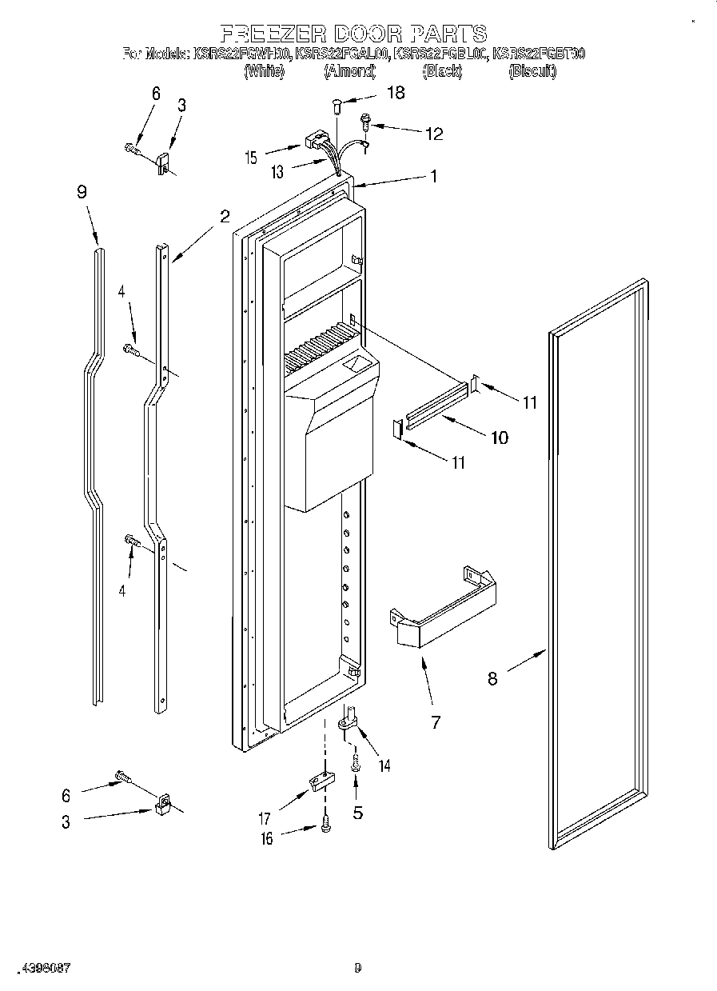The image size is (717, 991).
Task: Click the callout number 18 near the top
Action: [395, 93]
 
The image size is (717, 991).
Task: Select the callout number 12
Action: [433, 134]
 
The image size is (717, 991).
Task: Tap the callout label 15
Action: [252, 158]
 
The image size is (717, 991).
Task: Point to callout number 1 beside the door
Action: [434, 177]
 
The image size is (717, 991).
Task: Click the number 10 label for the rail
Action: [498, 438]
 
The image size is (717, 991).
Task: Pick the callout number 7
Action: [436, 722]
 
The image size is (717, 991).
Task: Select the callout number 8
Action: [492, 678]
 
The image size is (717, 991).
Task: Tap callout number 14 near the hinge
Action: [384, 765]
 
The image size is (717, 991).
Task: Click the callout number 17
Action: [265, 818]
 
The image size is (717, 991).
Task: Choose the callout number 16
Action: [267, 838]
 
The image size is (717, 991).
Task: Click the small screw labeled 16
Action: [325, 825]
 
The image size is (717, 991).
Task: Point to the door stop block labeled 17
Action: [320, 781]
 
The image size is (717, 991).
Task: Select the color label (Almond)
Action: [349, 71]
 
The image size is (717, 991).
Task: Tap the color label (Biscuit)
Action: [532, 71]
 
